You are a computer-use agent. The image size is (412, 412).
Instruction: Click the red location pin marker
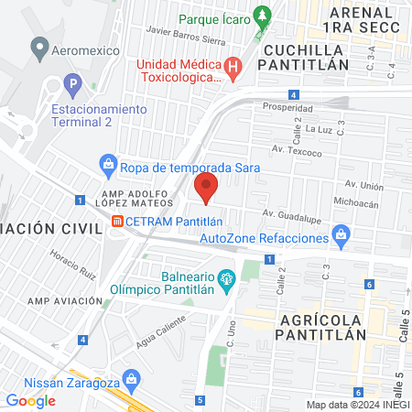(x=207, y=188)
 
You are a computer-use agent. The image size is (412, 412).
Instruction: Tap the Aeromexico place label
(x=84, y=50)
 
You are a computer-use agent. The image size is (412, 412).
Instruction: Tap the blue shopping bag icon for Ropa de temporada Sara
(x=108, y=165)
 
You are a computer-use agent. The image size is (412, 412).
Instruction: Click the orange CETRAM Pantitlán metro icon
(x=116, y=221)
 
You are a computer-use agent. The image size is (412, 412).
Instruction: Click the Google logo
(x=30, y=400)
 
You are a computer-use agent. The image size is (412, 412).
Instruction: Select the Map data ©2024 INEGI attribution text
(x=357, y=405)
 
